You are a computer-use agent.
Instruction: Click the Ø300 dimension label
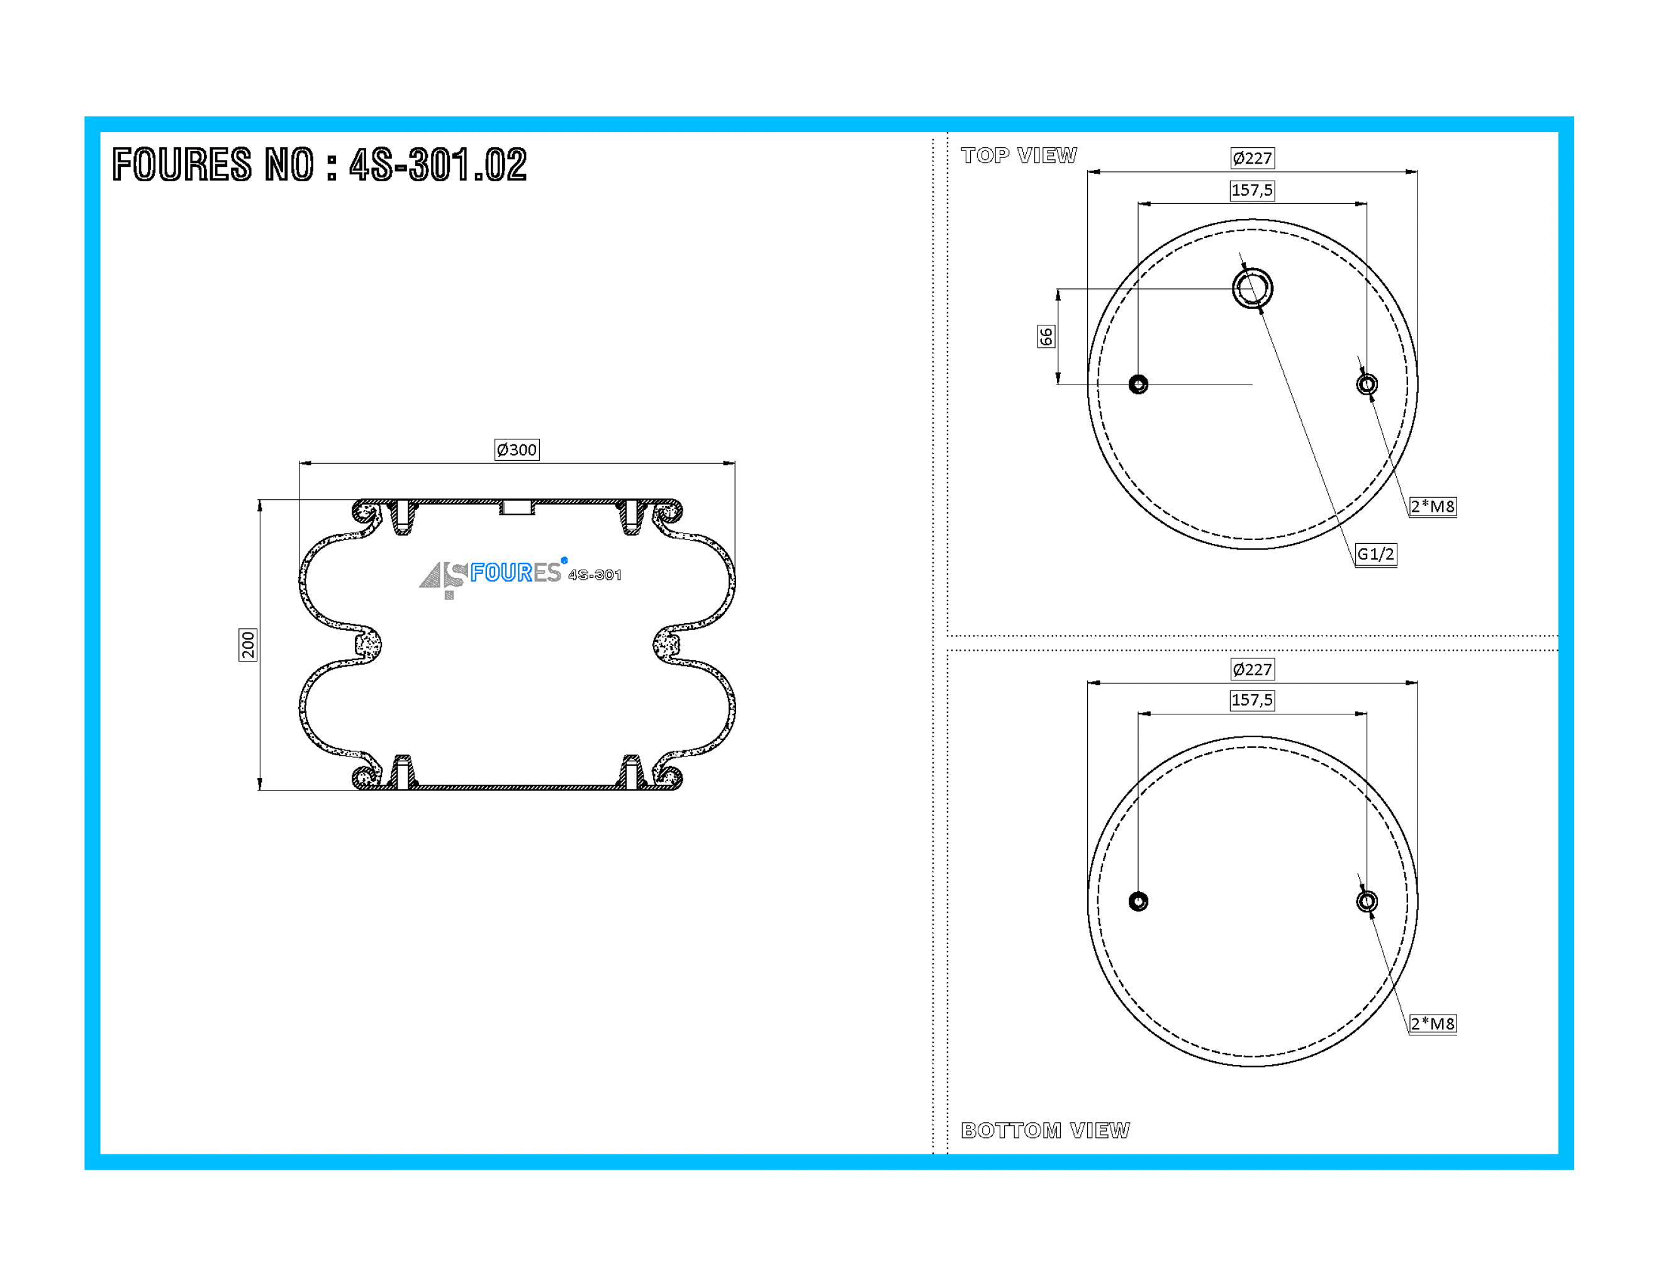[517, 449]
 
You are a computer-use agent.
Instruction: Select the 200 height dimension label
[248, 645]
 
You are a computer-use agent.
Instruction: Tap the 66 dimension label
[1046, 336]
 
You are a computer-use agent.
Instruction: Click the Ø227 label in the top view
[1252, 158]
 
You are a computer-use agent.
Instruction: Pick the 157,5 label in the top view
[1252, 190]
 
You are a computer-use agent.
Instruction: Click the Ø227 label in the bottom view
[1252, 670]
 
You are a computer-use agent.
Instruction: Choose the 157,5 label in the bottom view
[1252, 700]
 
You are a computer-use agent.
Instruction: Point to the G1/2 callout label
[1376, 554]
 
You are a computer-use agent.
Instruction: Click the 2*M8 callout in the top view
[1432, 507]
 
